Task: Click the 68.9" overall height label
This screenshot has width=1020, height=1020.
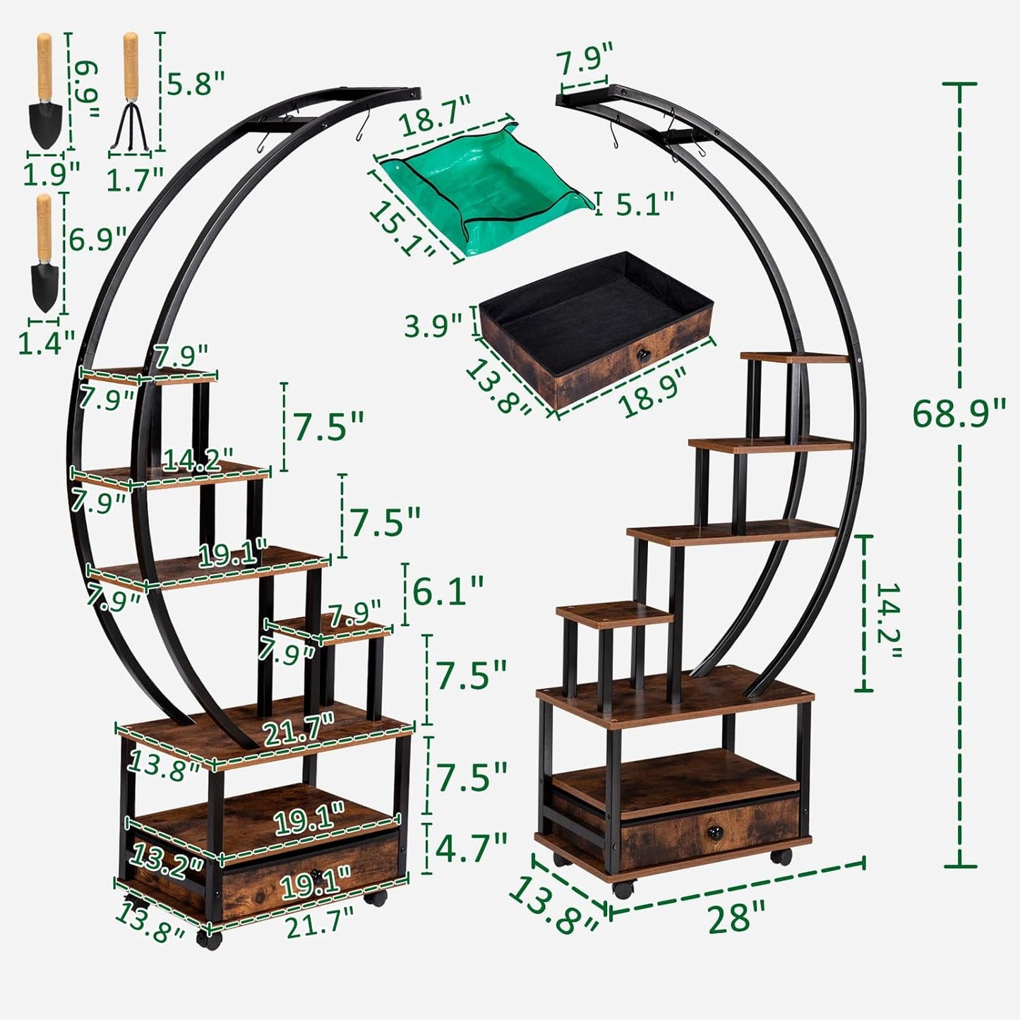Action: (x=958, y=414)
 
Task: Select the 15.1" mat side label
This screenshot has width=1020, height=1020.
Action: (x=403, y=229)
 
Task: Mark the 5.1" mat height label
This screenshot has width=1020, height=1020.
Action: (x=644, y=205)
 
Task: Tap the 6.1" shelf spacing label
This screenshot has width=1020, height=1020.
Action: (x=448, y=590)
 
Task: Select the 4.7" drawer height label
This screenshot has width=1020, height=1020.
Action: (x=471, y=847)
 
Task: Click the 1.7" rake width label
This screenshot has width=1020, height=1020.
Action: (x=135, y=179)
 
